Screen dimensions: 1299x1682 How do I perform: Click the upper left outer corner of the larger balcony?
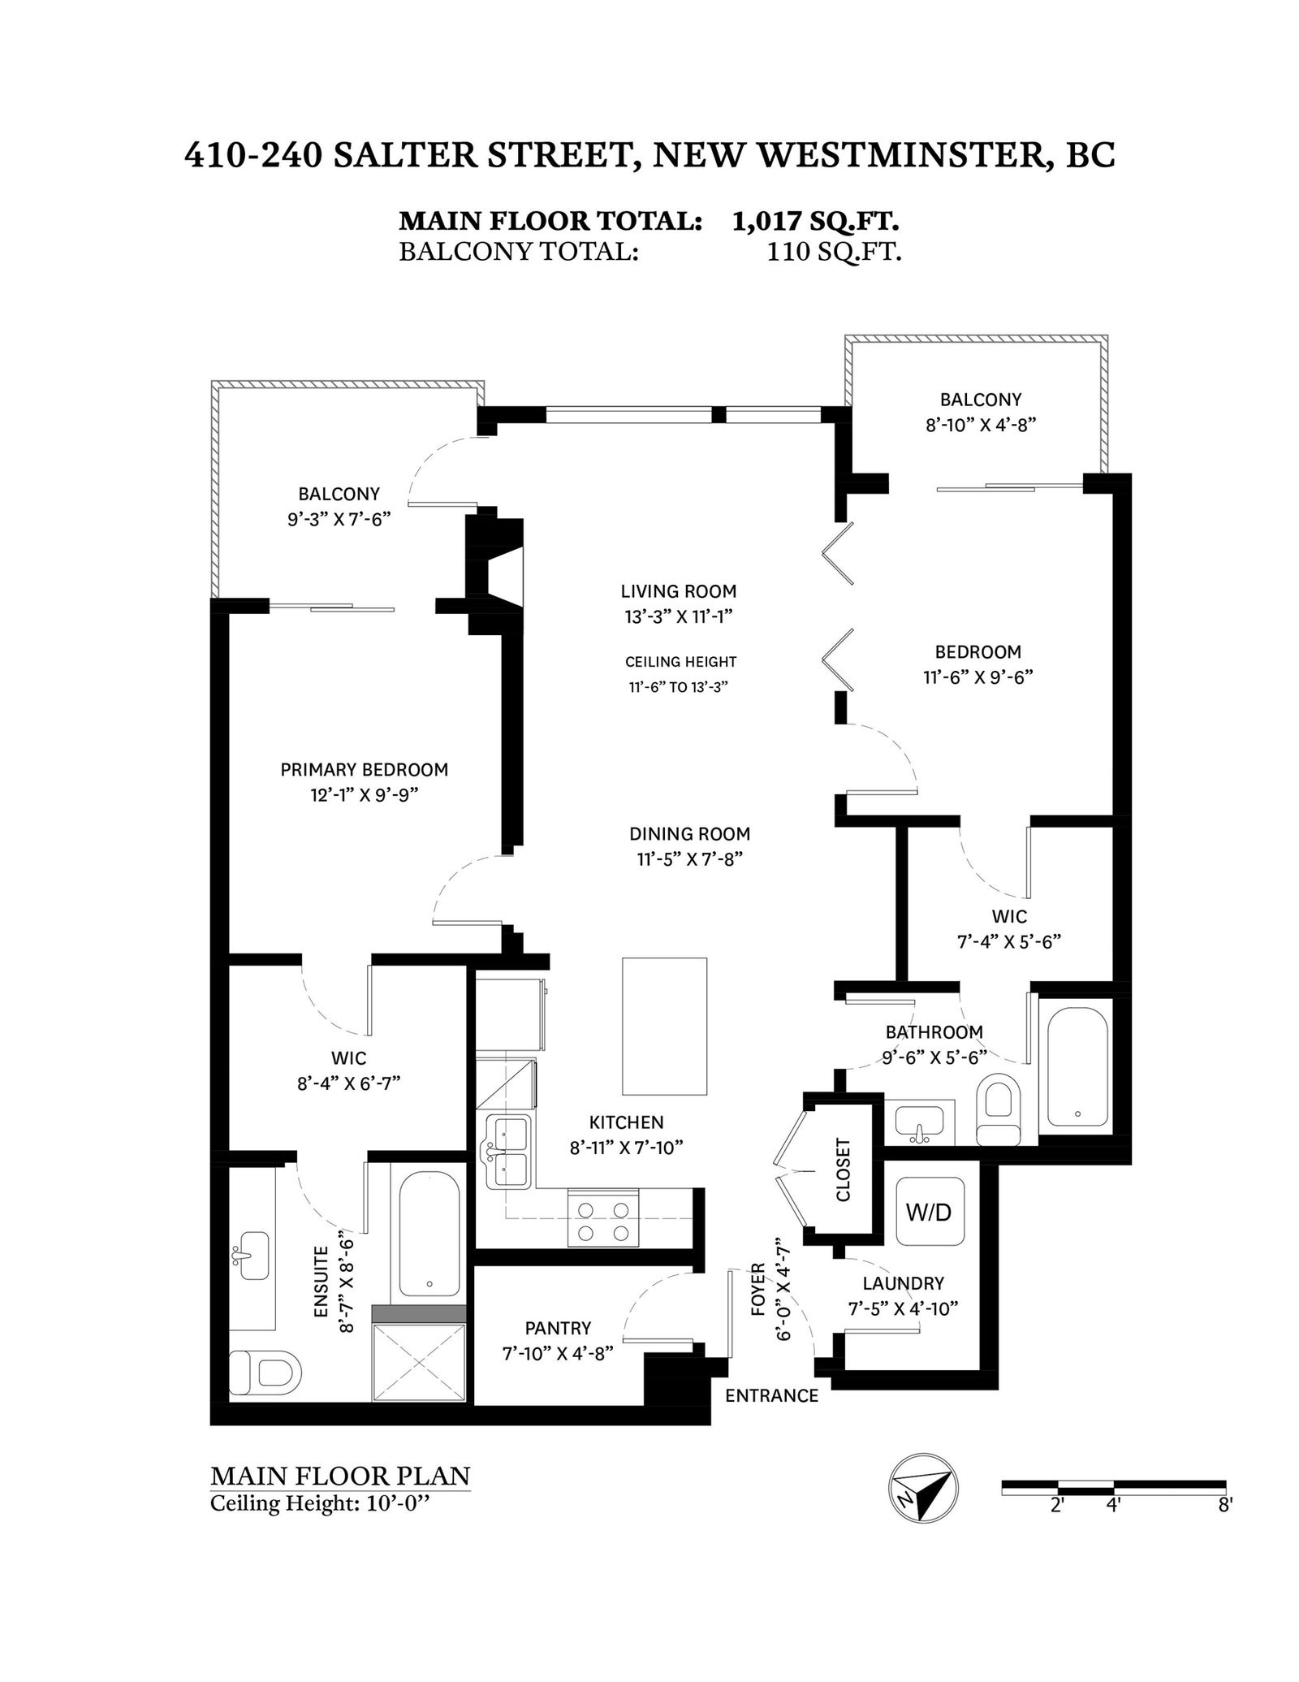(x=212, y=380)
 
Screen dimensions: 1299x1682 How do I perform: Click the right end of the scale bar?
(x=1225, y=1487)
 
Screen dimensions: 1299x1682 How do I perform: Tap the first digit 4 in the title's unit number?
(x=194, y=154)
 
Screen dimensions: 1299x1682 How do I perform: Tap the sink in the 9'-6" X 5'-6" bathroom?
(x=919, y=1124)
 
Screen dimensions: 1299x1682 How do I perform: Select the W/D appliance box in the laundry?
(x=930, y=1212)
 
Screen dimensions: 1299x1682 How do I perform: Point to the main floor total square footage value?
(x=814, y=221)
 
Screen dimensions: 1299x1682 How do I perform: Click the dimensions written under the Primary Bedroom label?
(x=364, y=795)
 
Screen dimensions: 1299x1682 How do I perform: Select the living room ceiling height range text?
(x=678, y=686)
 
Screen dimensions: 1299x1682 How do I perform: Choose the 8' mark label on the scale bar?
(x=1225, y=1505)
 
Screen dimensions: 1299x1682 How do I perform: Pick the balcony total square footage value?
(x=834, y=252)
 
